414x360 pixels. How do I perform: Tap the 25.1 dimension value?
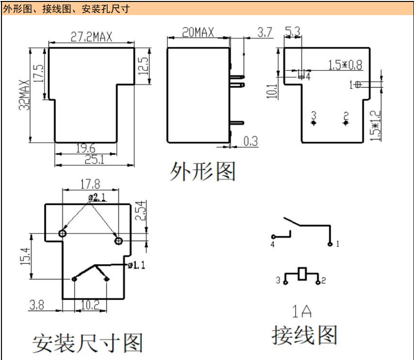coord(92,159)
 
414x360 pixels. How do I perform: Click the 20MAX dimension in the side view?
coord(198,33)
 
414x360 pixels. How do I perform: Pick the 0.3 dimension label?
coord(250,141)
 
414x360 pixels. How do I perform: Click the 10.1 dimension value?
coord(273,91)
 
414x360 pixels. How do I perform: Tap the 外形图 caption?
coord(203,171)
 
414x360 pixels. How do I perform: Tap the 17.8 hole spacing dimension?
coord(90,184)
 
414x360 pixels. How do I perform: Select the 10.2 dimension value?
coord(90,305)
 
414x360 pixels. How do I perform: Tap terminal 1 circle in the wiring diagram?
coord(330,244)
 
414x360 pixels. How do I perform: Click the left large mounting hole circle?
coord(62,234)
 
